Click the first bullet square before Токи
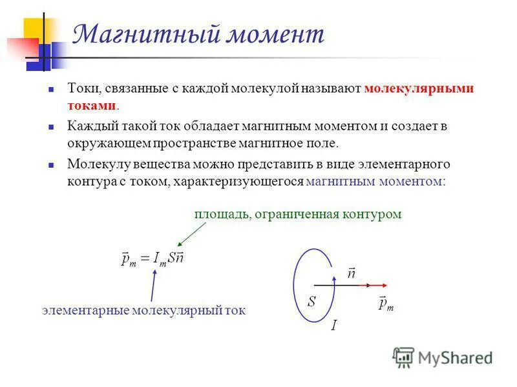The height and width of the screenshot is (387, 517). (54, 90)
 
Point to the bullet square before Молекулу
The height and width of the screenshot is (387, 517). (54, 165)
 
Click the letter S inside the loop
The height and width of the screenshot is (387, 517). (311, 301)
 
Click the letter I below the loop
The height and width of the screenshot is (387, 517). (333, 326)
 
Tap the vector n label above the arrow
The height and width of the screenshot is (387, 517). (352, 273)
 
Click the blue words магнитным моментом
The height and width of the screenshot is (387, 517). (374, 182)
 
